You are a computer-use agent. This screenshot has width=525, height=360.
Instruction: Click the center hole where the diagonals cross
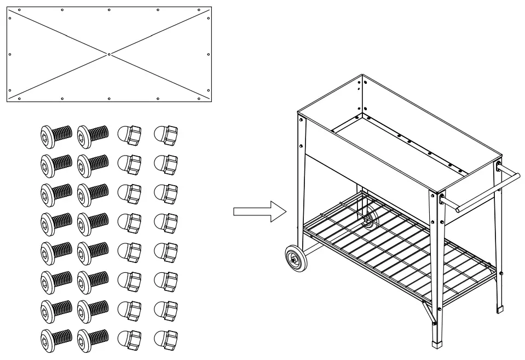(x=109, y=54)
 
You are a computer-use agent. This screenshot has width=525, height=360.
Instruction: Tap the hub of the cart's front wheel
(x=296, y=259)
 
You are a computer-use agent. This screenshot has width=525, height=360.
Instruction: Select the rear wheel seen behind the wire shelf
(x=368, y=218)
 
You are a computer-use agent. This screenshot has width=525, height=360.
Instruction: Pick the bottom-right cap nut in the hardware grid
(x=166, y=340)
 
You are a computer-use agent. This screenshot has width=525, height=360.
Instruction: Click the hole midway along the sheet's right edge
(x=208, y=54)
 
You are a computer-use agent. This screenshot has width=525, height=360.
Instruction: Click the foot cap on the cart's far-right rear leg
(x=499, y=308)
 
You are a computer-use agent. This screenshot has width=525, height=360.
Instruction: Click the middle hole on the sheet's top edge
(x=109, y=10)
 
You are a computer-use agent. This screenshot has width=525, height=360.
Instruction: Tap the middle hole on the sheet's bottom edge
(x=109, y=99)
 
